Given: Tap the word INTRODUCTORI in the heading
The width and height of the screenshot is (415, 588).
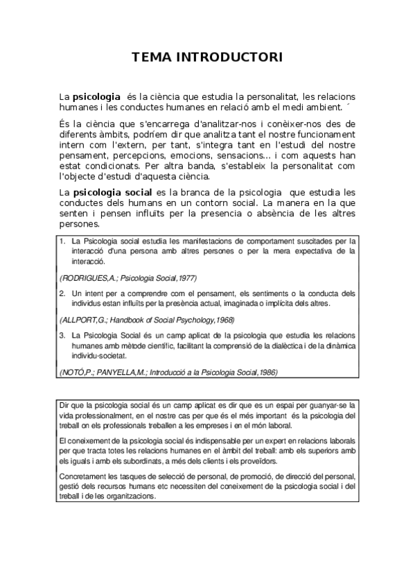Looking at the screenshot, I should [231, 57].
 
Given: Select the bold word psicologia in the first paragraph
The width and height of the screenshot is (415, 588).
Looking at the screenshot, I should [97, 96].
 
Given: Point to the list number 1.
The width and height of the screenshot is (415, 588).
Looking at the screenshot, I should [62, 241].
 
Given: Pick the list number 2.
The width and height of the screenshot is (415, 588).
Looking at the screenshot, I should [62, 293].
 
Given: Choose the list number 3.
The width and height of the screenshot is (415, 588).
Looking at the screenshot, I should [62, 335].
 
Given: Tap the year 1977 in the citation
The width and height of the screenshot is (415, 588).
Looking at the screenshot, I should [185, 278].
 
